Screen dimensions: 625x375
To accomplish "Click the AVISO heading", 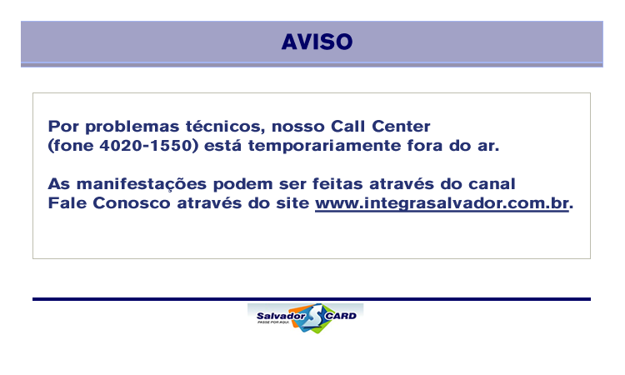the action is (317, 42).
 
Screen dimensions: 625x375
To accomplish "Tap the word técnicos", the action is (226, 127).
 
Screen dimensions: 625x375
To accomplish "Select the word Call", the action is (348, 127).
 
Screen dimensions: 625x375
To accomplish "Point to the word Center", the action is (401, 127).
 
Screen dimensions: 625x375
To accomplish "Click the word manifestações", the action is (142, 184).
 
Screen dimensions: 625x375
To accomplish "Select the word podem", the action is (242, 184).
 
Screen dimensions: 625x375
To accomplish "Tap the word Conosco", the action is (132, 202).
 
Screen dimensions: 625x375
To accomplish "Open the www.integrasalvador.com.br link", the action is (442, 203).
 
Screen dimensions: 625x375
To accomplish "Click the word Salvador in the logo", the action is (281, 316).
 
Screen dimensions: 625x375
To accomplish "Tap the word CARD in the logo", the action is (340, 316).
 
